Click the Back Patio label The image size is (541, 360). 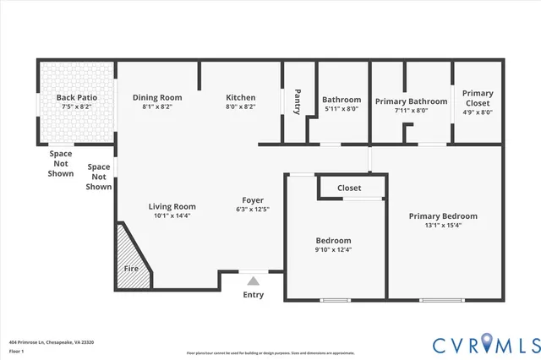(77, 97)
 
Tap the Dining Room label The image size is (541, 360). (157, 97)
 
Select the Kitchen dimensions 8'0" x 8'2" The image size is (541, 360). (240, 107)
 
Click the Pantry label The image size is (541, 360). (297, 101)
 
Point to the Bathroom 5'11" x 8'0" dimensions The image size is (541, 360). (342, 109)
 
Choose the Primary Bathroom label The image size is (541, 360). (411, 100)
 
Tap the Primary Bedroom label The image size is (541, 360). (443, 216)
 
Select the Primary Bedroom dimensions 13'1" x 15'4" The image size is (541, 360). (443, 226)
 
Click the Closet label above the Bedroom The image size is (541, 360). (349, 188)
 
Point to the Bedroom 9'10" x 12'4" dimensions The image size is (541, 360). (333, 249)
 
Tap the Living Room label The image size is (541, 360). (172, 206)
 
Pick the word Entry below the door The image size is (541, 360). (253, 295)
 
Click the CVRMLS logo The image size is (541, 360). (485, 344)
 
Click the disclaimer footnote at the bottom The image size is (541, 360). (270, 352)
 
